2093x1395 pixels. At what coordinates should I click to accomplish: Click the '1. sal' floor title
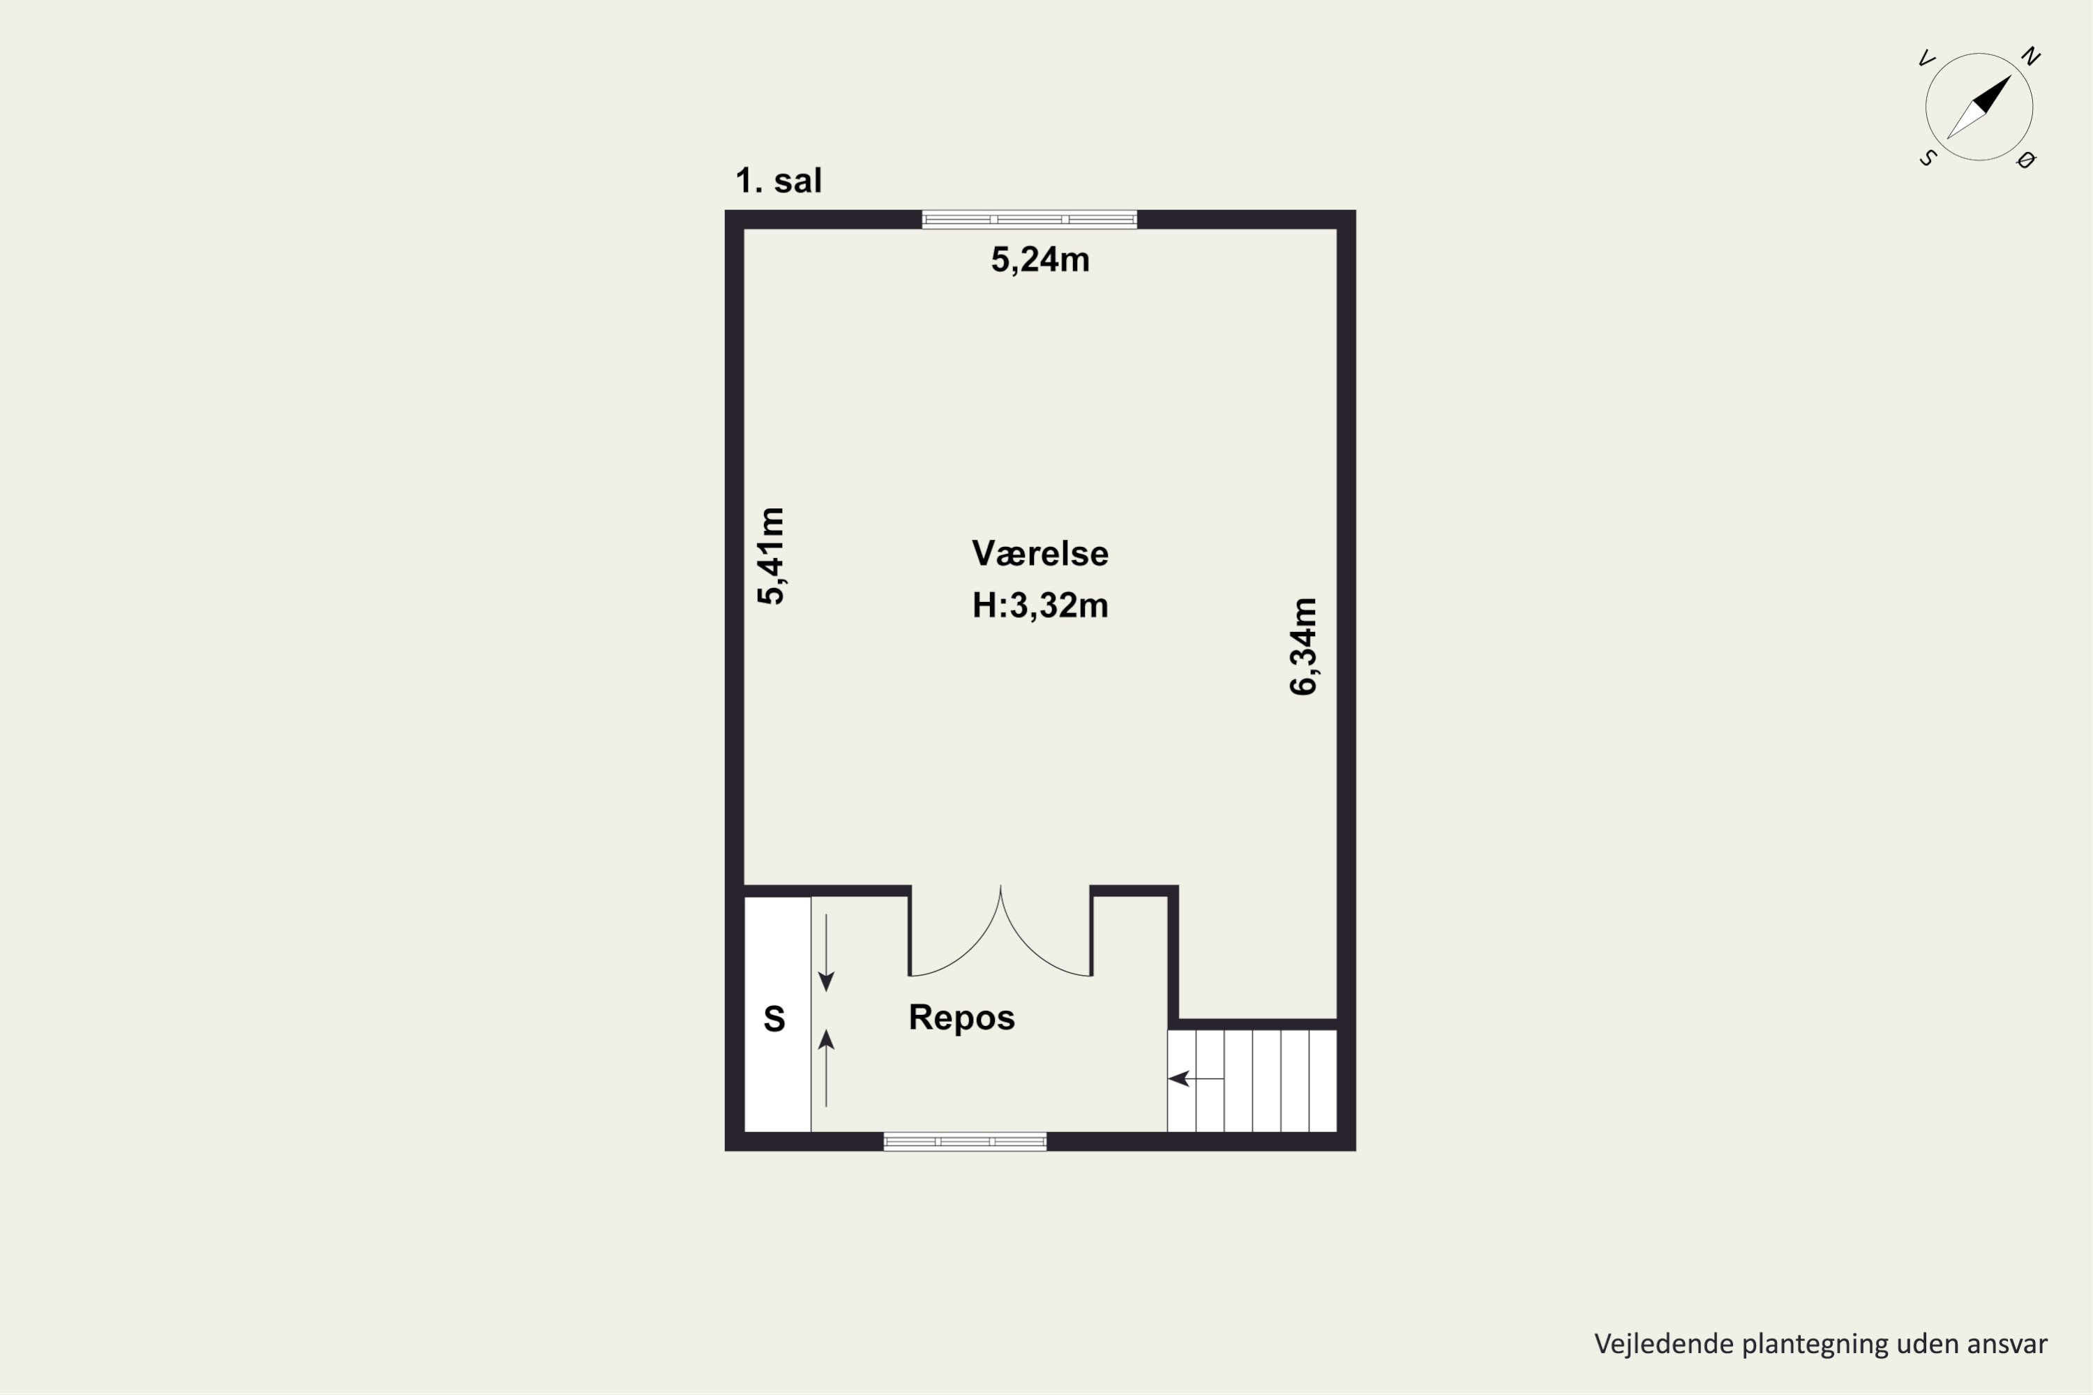pyautogui.click(x=778, y=181)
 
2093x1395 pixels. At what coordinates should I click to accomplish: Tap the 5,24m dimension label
pyautogui.click(x=1040, y=259)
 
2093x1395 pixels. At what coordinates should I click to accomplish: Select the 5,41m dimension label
pyautogui.click(x=771, y=556)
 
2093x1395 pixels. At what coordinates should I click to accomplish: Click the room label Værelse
pyautogui.click(x=1040, y=553)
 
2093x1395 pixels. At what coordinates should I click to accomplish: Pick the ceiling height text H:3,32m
pyautogui.click(x=1040, y=605)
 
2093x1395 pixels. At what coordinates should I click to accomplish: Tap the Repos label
pyautogui.click(x=962, y=1017)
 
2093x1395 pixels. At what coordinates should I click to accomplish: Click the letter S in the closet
pyautogui.click(x=774, y=1018)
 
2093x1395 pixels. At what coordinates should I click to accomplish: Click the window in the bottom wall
pyautogui.click(x=965, y=1141)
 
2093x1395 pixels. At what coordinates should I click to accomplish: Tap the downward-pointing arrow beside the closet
pyautogui.click(x=826, y=953)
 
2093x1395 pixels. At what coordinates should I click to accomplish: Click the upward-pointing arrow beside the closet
pyautogui.click(x=826, y=1068)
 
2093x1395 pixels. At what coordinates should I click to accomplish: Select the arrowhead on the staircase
pyautogui.click(x=1178, y=1078)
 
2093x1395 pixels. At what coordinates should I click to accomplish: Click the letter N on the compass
pyautogui.click(x=2030, y=57)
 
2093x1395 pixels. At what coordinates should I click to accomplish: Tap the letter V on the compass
pyautogui.click(x=1926, y=59)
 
